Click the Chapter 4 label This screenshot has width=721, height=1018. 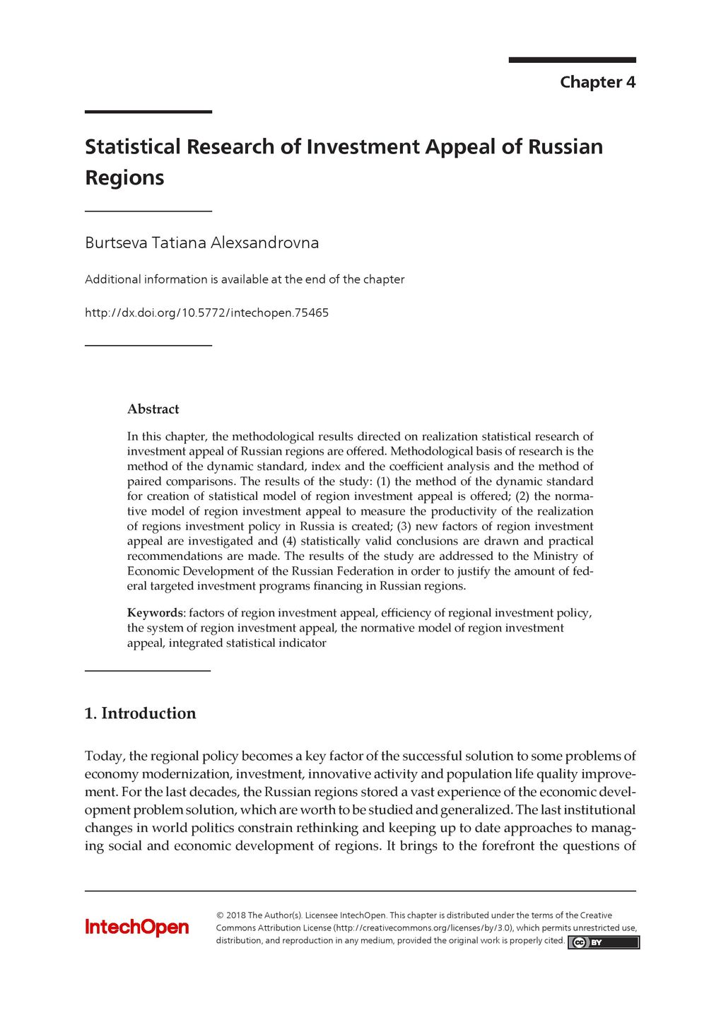pyautogui.click(x=597, y=82)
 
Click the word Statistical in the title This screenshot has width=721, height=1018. pyautogui.click(x=133, y=146)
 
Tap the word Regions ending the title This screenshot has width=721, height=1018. pyautogui.click(x=124, y=177)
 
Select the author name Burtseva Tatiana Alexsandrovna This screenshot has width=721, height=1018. pyautogui.click(x=201, y=242)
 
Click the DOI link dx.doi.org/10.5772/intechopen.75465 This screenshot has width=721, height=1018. pyautogui.click(x=206, y=312)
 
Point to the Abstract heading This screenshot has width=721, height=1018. pyautogui.click(x=153, y=409)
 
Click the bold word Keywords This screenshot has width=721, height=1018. pyautogui.click(x=155, y=613)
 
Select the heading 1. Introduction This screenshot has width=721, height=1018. pyautogui.click(x=140, y=713)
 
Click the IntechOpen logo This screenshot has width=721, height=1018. pyautogui.click(x=136, y=927)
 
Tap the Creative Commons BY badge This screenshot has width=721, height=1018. pyautogui.click(x=603, y=942)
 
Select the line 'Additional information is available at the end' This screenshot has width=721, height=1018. pyautogui.click(x=245, y=279)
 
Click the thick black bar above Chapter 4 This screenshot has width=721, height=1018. pyautogui.click(x=572, y=60)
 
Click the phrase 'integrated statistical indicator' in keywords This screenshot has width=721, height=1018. pyautogui.click(x=247, y=643)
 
